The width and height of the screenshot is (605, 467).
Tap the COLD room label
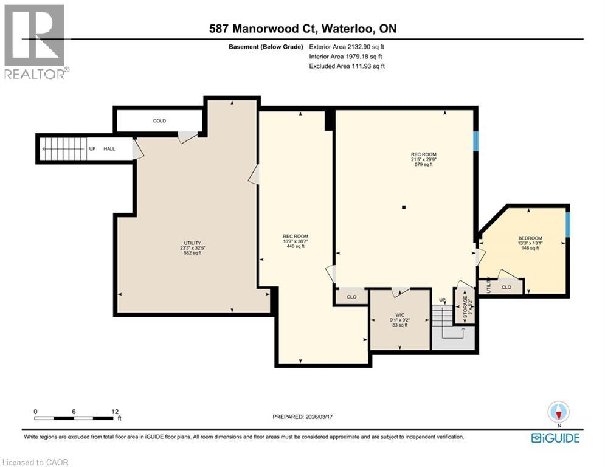(159, 121)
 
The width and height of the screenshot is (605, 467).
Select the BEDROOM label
(530, 238)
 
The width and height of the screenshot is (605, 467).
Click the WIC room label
(399, 315)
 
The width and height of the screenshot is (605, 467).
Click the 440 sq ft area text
(296, 246)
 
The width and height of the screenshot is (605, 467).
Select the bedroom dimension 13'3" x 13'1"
(530, 243)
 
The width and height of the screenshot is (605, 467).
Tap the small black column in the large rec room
(403, 207)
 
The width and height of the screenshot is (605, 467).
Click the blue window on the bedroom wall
(568, 223)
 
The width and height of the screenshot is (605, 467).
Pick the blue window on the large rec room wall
(476, 141)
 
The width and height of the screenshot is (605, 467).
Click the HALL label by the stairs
(109, 148)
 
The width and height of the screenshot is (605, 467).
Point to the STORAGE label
(466, 308)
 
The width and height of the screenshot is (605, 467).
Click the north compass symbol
(558, 412)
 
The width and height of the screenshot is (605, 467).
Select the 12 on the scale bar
(116, 411)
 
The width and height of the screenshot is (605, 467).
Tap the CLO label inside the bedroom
(506, 287)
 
